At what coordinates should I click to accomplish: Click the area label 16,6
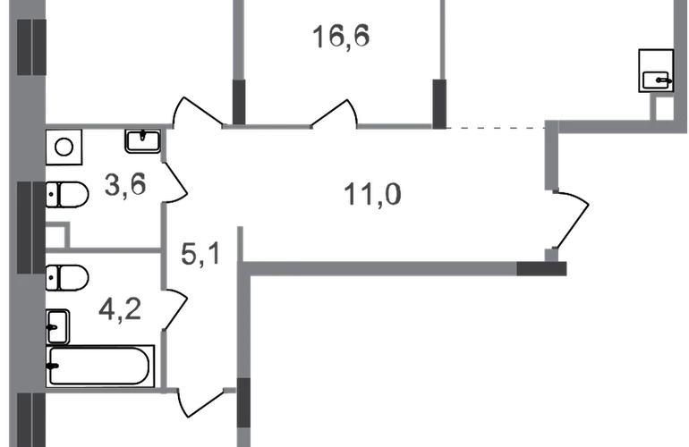click(x=341, y=37)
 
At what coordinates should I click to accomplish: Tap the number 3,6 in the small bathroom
click(x=125, y=184)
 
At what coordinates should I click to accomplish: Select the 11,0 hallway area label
click(x=372, y=195)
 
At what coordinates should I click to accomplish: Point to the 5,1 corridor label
click(x=200, y=253)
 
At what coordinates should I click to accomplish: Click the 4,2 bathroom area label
click(x=120, y=309)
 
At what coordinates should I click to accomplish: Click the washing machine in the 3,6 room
click(x=64, y=148)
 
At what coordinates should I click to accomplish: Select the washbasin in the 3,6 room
click(x=143, y=141)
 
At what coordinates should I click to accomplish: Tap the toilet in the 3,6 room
click(x=67, y=195)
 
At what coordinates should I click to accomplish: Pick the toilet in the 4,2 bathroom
click(x=67, y=277)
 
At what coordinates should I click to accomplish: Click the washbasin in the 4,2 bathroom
click(x=57, y=327)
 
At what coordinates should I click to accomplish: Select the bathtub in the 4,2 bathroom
click(x=100, y=367)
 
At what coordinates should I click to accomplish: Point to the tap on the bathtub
click(x=54, y=367)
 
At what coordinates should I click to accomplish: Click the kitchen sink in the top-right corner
click(x=656, y=71)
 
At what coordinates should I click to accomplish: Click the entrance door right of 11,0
click(x=572, y=220)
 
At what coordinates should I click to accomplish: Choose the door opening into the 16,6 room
click(x=335, y=114)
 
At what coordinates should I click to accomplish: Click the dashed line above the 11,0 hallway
click(x=496, y=128)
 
